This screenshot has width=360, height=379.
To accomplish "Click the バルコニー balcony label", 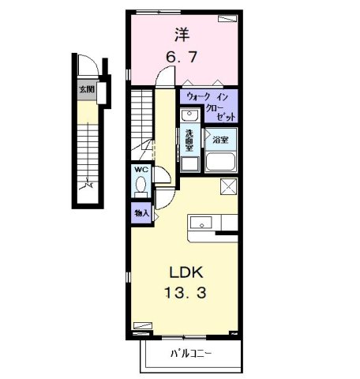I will click(190, 353).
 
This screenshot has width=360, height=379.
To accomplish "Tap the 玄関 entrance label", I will click(86, 90).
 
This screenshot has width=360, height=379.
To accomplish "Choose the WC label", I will click(141, 170).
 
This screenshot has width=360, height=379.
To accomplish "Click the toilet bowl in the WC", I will click(141, 187).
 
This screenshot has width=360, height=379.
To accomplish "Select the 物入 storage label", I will click(141, 213).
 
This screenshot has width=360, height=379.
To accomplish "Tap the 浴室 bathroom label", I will click(220, 139).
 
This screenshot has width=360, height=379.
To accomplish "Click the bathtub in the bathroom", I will click(221, 162).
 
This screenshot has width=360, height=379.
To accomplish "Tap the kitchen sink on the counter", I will click(199, 222).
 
